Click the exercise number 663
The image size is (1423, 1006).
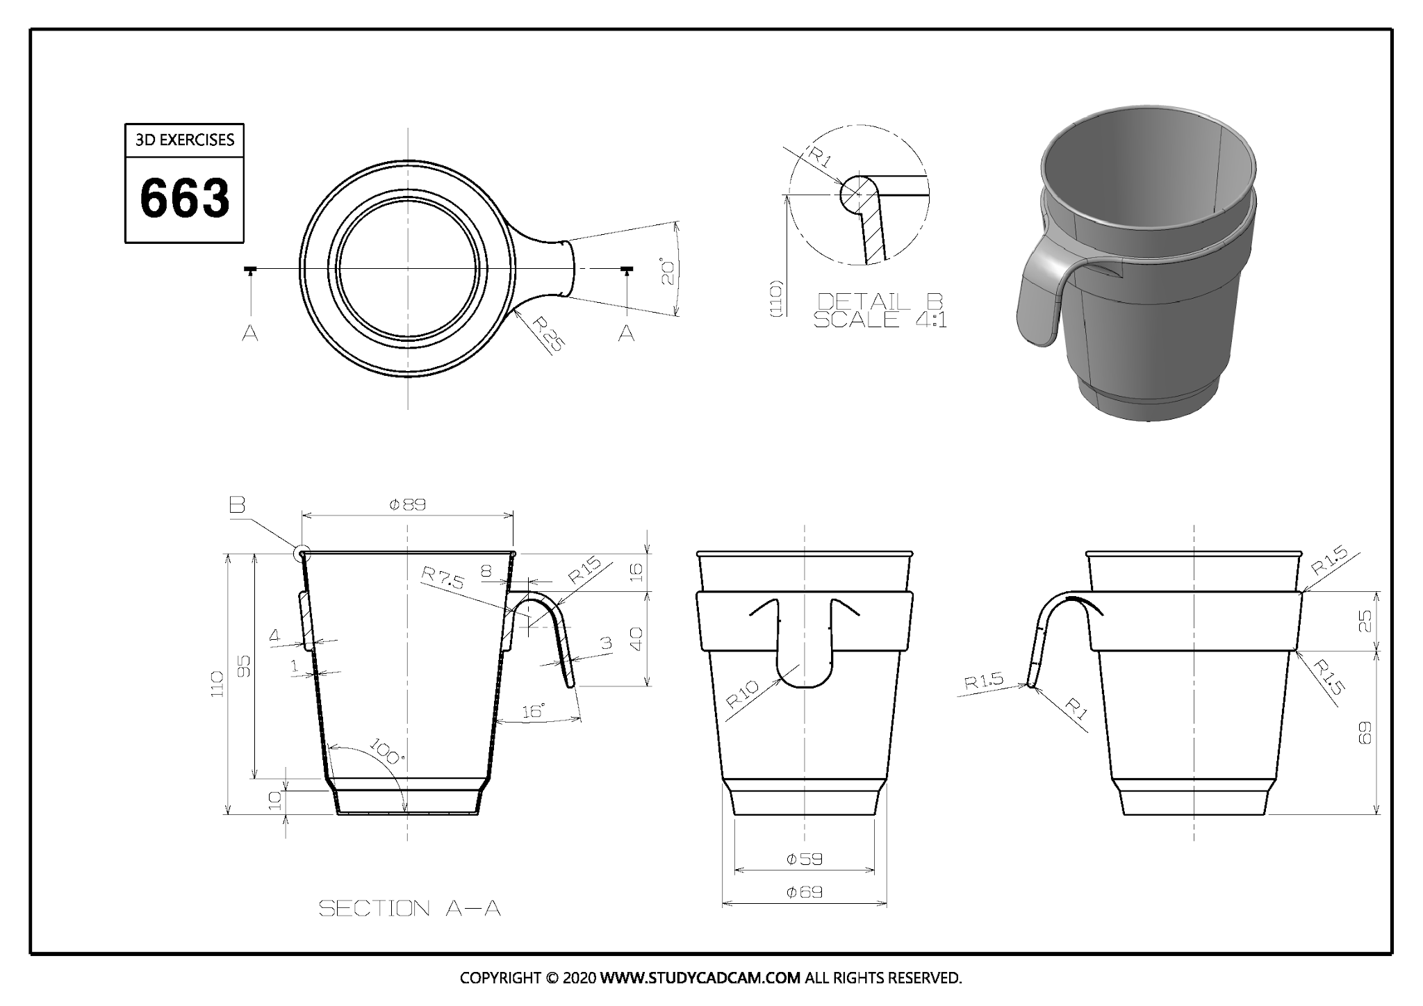click(x=185, y=198)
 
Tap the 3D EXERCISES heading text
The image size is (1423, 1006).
click(x=185, y=140)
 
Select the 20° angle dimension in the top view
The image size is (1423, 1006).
click(x=668, y=273)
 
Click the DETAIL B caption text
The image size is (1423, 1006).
click(x=880, y=302)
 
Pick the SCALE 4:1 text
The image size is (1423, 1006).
click(x=880, y=320)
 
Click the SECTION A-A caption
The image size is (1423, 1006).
click(x=410, y=908)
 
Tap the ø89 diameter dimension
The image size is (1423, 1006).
click(x=407, y=505)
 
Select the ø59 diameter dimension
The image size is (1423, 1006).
click(x=805, y=859)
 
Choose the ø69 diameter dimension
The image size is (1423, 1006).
click(x=805, y=892)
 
